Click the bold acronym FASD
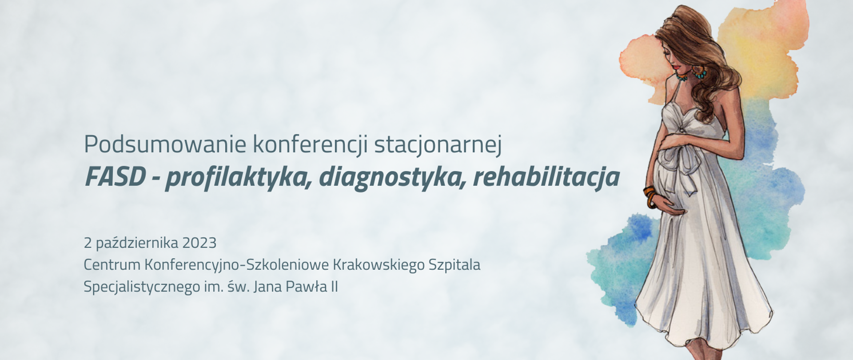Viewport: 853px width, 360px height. coord(115,177)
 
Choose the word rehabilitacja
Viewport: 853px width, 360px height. coord(546,177)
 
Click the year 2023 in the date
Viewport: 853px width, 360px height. coord(199,243)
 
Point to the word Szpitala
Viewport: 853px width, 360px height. coord(454,265)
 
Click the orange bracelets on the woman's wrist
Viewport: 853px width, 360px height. coord(650,196)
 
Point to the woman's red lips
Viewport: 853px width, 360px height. coord(677,67)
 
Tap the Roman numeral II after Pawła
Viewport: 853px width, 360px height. coord(333,287)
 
